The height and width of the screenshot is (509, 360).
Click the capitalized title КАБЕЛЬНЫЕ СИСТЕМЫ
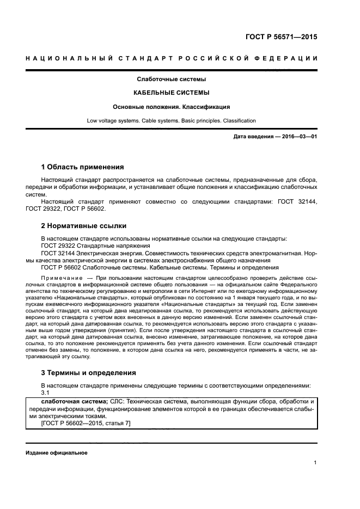point(172,93)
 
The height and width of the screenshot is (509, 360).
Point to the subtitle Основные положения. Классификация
point(172,107)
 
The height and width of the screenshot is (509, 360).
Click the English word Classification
point(237,120)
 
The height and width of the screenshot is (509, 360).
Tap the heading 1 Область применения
point(82,167)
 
